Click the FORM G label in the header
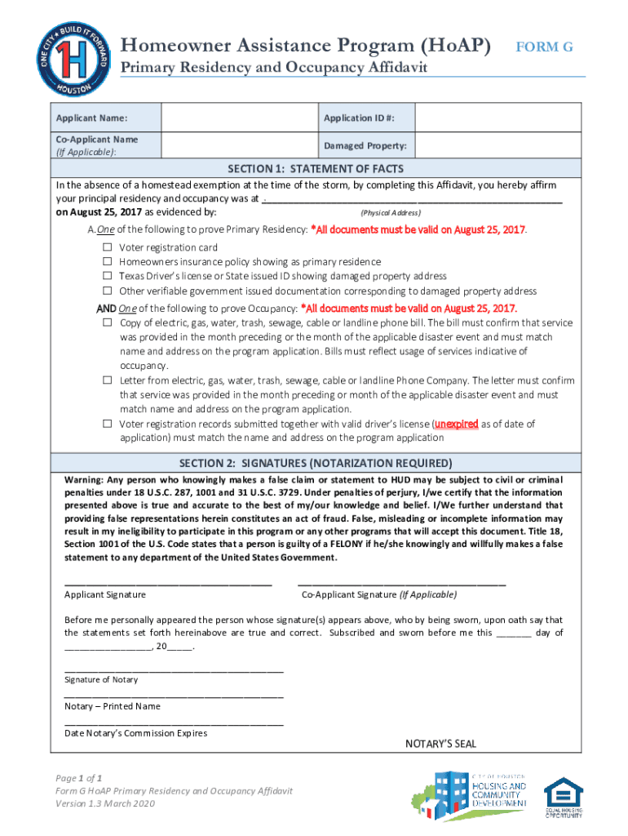[545, 47]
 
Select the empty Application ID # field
[498, 118]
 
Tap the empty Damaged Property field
[498, 145]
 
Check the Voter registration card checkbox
[107, 247]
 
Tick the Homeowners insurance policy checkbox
[107, 262]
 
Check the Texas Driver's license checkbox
[107, 277]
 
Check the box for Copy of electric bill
[107, 323]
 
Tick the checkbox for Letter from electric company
[107, 380]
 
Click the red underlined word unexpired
[456, 424]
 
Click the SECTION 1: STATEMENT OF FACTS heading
[315, 169]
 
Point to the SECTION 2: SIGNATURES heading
[315, 462]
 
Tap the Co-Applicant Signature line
[401, 583]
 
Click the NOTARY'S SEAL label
[440, 744]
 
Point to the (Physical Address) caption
[391, 212]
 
